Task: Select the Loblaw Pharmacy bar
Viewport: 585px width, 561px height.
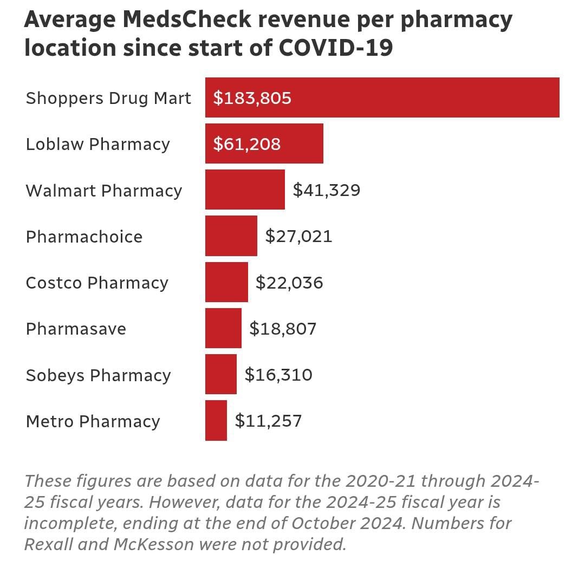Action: click(303, 143)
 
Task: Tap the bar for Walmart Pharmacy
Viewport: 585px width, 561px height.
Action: click(245, 190)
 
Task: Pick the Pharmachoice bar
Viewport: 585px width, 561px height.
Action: click(231, 236)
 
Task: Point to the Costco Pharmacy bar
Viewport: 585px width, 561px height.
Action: click(226, 282)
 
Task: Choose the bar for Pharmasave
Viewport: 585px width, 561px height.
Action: click(223, 328)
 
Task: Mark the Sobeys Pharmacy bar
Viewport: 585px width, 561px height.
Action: click(221, 374)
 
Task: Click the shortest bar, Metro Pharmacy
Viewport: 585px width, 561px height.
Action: click(216, 420)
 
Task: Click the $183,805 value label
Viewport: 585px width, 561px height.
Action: click(252, 98)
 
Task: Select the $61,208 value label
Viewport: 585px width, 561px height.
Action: click(247, 144)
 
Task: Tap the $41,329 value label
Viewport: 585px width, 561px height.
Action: click(327, 190)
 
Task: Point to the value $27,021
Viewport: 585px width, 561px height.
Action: click(298, 236)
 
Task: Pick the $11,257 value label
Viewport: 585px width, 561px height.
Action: click(268, 421)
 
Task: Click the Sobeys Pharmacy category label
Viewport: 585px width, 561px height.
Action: click(98, 375)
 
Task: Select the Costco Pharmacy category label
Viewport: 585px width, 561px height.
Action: click(97, 283)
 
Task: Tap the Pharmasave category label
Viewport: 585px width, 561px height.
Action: click(76, 329)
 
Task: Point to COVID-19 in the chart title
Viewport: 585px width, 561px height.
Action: click(336, 48)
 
